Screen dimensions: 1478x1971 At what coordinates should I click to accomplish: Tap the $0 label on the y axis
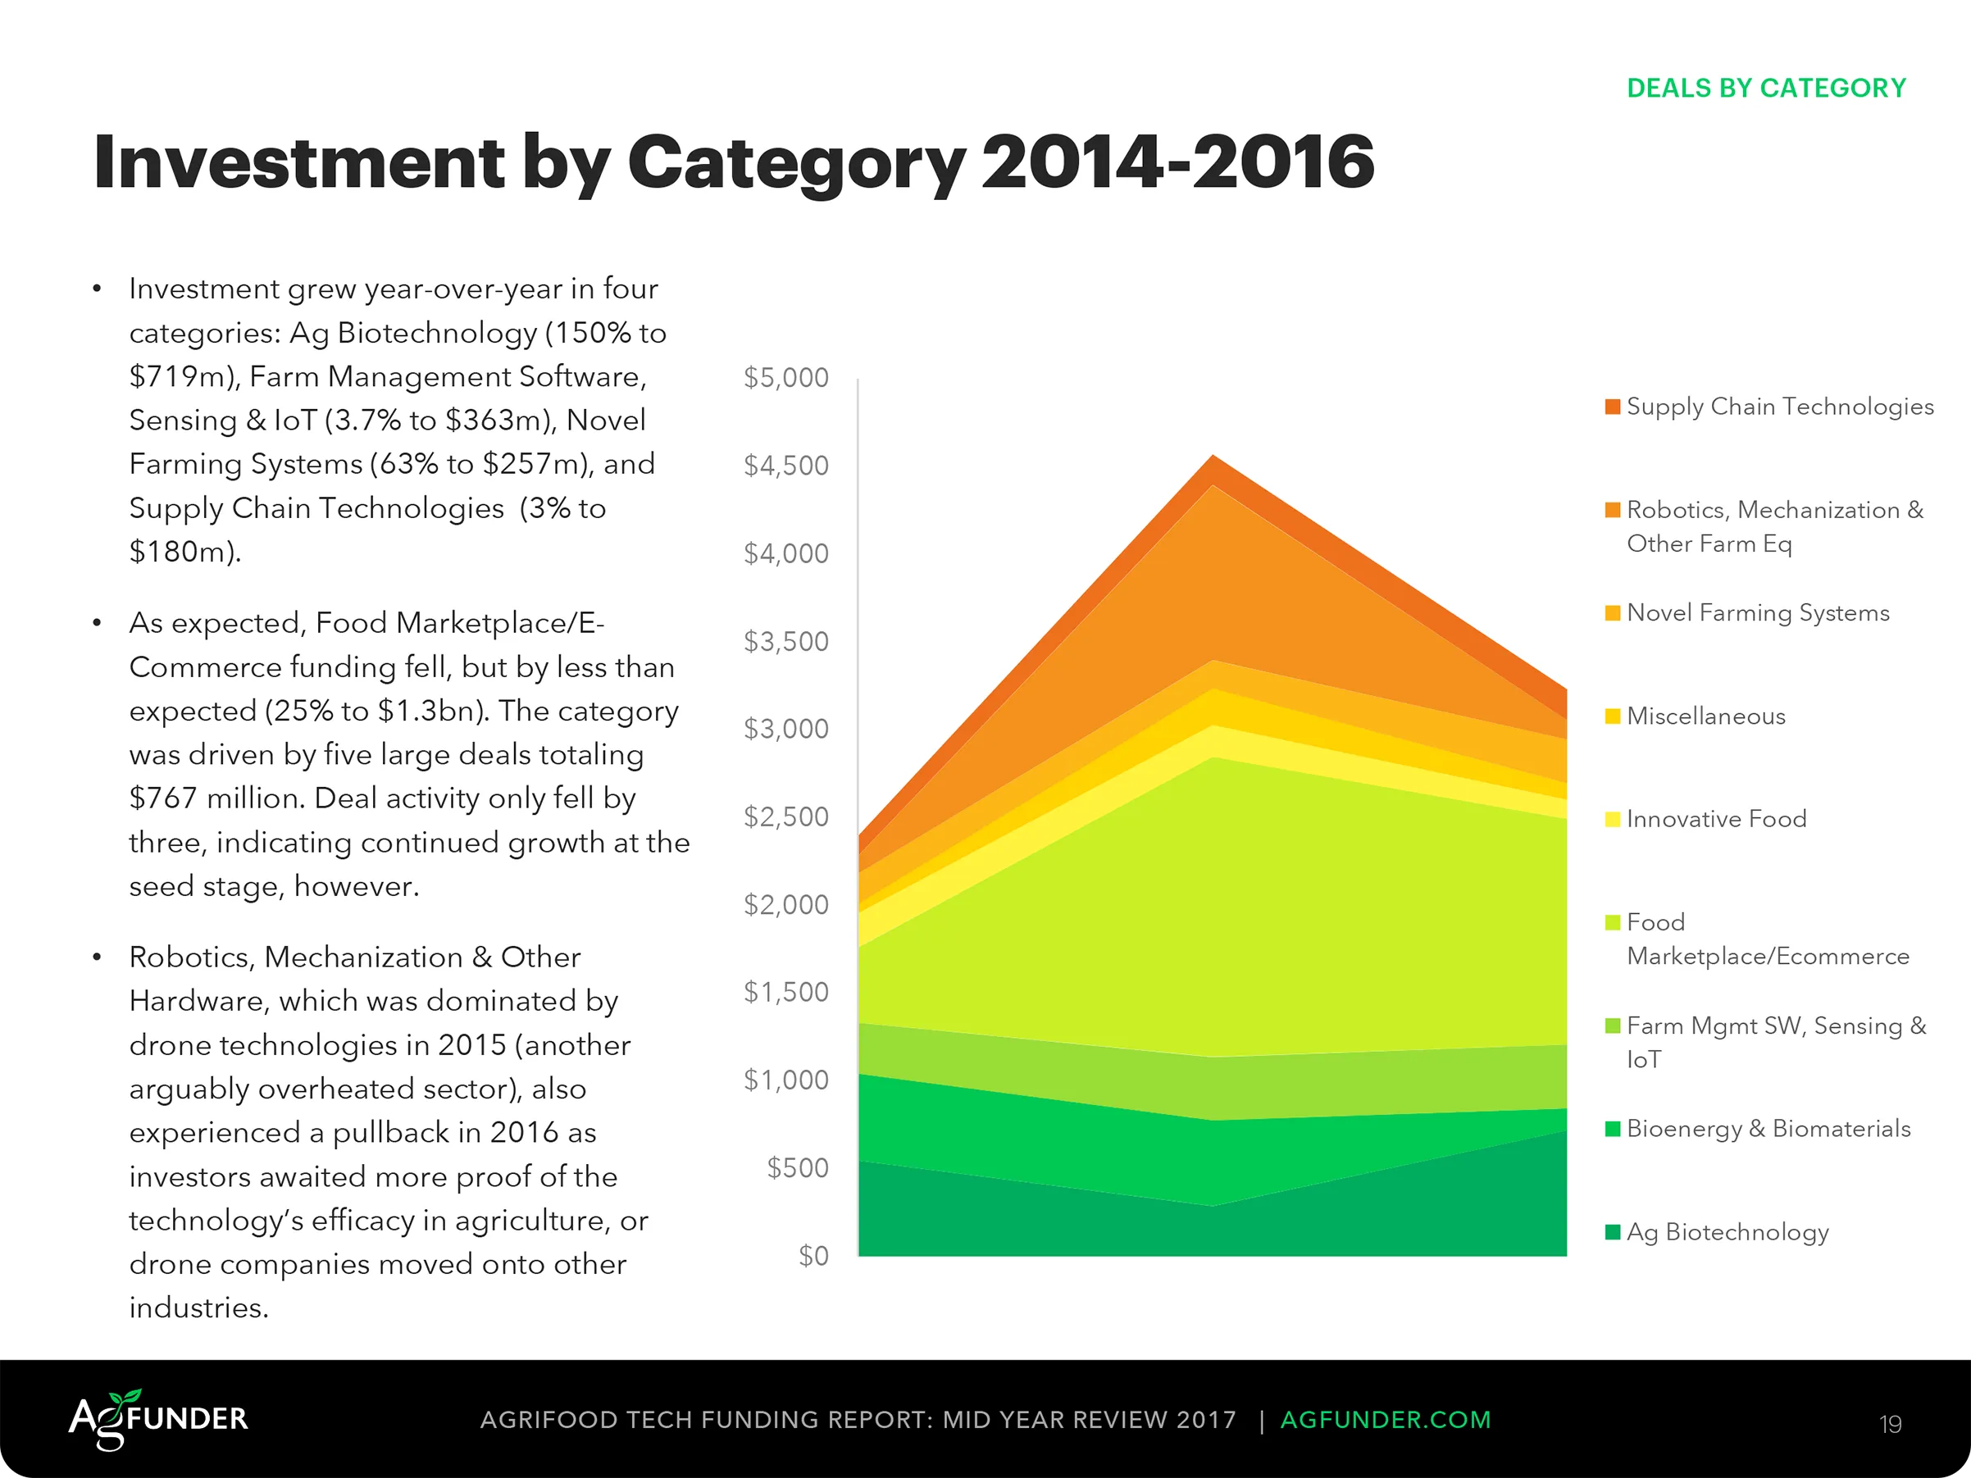(813, 1256)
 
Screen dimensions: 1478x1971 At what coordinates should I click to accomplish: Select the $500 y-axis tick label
(798, 1168)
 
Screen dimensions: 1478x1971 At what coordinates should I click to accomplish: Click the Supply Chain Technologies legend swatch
(1612, 407)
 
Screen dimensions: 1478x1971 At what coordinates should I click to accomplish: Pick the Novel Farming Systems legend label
(1757, 613)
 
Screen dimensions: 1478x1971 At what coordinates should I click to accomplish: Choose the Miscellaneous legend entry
(1705, 716)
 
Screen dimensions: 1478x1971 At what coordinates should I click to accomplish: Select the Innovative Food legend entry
(1716, 819)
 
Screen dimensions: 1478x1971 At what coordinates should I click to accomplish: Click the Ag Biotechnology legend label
(1727, 1232)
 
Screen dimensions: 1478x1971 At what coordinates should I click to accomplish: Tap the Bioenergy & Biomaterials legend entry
(1768, 1129)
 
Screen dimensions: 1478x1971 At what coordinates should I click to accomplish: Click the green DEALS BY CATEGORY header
(1766, 89)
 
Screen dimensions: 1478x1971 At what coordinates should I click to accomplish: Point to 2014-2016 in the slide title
(1177, 162)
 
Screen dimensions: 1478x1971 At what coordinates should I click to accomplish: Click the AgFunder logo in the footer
(158, 1419)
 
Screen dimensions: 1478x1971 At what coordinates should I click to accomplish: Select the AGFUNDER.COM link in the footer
(1385, 1420)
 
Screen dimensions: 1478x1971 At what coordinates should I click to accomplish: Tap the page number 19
(1891, 1424)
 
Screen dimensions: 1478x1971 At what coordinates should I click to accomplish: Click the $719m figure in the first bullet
(179, 377)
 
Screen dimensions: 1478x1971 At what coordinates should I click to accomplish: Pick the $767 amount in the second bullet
(162, 798)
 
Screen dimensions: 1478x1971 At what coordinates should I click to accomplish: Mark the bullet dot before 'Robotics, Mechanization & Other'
(97, 957)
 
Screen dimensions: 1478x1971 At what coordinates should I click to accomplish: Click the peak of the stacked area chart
(1213, 456)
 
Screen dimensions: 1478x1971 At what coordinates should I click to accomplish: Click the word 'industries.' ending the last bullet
(198, 1307)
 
